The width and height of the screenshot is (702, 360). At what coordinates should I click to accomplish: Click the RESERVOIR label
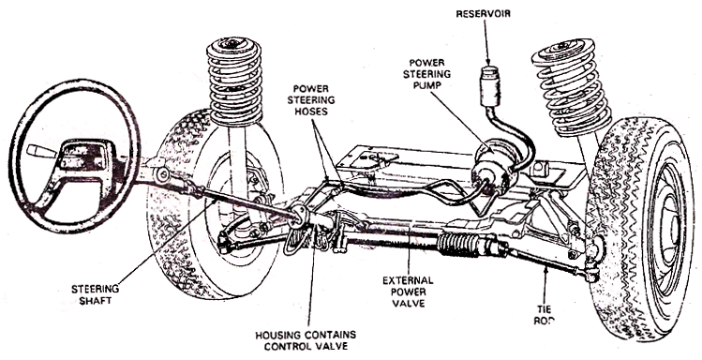pyautogui.click(x=483, y=14)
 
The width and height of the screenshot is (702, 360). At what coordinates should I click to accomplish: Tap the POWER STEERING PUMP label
pyautogui.click(x=426, y=74)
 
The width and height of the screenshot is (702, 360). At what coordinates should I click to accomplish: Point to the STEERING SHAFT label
pyautogui.click(x=96, y=294)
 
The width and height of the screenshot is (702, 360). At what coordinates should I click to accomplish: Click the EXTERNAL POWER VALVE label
pyautogui.click(x=408, y=292)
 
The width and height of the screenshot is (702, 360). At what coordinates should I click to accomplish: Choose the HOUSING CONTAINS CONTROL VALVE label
pyautogui.click(x=306, y=340)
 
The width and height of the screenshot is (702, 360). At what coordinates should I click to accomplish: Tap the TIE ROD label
pyautogui.click(x=545, y=315)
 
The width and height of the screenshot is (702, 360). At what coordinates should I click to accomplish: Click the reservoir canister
pyautogui.click(x=490, y=86)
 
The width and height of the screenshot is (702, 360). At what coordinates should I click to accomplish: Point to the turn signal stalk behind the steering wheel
pyautogui.click(x=41, y=151)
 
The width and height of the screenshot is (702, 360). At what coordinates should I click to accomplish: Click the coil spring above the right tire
pyautogui.click(x=572, y=86)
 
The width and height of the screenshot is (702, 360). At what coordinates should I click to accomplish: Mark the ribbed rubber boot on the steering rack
pyautogui.click(x=457, y=244)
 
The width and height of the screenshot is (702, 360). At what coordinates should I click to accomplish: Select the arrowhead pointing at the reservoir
pyautogui.click(x=488, y=62)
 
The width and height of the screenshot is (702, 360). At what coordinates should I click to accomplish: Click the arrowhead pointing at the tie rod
pyautogui.click(x=546, y=269)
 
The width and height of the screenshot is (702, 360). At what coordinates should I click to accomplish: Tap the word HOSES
pyautogui.click(x=310, y=111)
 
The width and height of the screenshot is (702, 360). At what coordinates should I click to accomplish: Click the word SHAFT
pyautogui.click(x=96, y=301)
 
